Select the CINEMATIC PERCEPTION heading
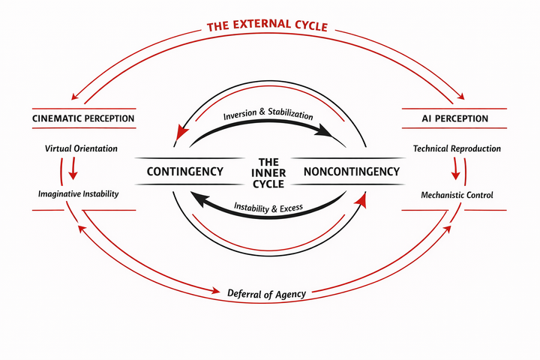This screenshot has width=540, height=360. (x=83, y=118)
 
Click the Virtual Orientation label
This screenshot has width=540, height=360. (x=82, y=148)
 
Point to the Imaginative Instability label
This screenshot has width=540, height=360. (x=79, y=194)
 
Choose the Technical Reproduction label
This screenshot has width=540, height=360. (x=457, y=148)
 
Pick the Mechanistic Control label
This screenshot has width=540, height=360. (x=457, y=194)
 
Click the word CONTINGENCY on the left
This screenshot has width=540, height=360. (x=184, y=172)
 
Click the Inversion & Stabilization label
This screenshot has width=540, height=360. (x=268, y=117)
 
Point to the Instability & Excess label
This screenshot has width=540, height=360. (x=268, y=207)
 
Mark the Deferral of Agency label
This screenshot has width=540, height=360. (x=266, y=294)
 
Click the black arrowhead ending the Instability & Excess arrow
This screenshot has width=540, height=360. (x=196, y=198)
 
